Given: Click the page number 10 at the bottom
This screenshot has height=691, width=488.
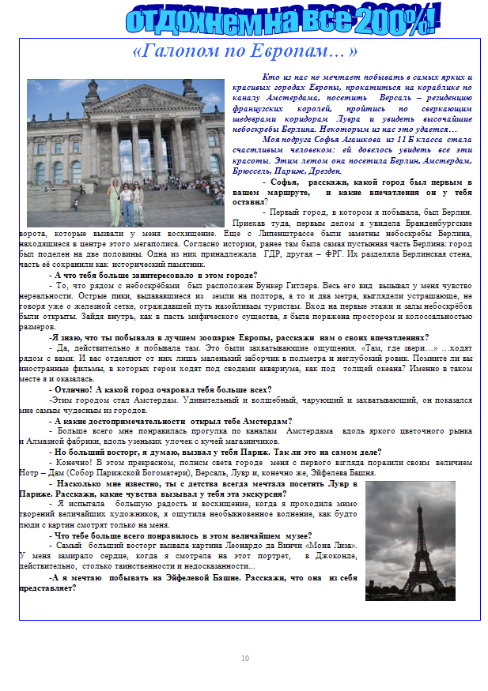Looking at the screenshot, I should tap(244, 658).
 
